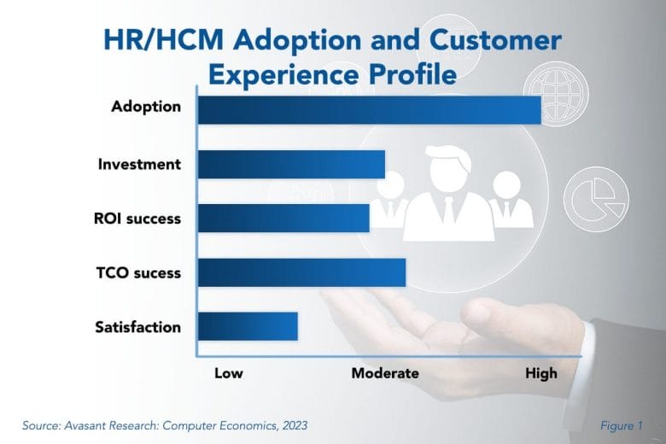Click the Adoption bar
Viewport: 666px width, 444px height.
click(370, 110)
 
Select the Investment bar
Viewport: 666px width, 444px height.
click(291, 165)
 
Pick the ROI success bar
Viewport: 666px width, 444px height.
click(283, 219)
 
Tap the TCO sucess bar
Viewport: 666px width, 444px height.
click(301, 272)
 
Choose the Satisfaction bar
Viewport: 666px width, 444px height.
click(248, 326)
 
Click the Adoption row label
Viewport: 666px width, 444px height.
click(146, 107)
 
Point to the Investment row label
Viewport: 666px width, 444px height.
click(139, 164)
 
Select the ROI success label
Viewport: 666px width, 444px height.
click(137, 219)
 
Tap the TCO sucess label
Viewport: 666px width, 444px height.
click(138, 272)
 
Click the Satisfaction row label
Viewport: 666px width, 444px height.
click(138, 327)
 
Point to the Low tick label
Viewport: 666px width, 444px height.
click(229, 373)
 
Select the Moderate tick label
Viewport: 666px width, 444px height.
click(385, 373)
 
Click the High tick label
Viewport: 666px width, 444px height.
click(541, 373)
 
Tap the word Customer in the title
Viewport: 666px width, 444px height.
click(495, 40)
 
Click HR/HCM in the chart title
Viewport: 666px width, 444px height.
click(164, 40)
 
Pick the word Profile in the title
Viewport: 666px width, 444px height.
click(412, 74)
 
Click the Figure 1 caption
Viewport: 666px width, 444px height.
click(621, 426)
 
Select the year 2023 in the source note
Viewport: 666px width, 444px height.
click(295, 426)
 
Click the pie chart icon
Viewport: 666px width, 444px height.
click(596, 199)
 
